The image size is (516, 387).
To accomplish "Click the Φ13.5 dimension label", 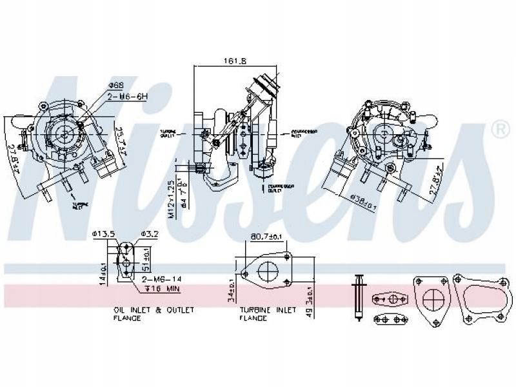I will click(x=103, y=233).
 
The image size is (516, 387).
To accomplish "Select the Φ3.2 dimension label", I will click(x=150, y=233).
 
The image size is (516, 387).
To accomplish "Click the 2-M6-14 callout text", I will click(x=162, y=279).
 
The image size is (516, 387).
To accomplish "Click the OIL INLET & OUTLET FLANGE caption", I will click(x=154, y=313).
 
